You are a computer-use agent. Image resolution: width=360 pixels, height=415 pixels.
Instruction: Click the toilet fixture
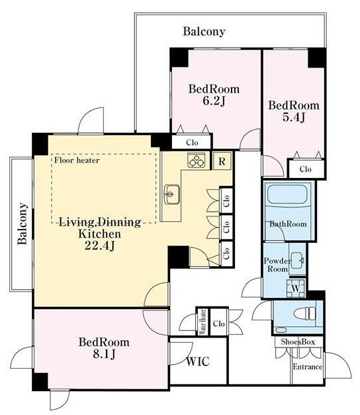click(305, 314)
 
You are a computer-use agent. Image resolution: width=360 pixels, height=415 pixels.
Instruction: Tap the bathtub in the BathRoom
click(287, 195)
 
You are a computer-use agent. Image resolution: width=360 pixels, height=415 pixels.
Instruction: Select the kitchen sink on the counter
click(172, 195)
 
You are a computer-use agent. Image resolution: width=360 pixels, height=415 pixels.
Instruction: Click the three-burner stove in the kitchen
click(196, 160)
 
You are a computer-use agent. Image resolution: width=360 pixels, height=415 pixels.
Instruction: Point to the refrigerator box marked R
click(222, 161)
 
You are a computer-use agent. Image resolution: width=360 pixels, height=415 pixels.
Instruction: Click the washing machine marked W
click(296, 288)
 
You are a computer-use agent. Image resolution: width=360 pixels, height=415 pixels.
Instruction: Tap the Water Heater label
click(203, 322)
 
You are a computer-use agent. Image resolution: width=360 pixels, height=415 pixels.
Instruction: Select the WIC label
click(198, 361)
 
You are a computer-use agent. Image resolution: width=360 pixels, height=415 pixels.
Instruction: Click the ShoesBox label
click(298, 342)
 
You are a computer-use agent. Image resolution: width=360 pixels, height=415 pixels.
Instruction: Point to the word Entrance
click(308, 367)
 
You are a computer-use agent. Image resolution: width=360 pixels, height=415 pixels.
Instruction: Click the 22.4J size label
click(100, 246)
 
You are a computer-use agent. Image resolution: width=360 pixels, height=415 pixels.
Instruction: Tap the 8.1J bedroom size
click(104, 354)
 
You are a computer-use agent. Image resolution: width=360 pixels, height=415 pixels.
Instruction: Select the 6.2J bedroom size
click(214, 101)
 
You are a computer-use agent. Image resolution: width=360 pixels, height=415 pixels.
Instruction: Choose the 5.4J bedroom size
click(294, 117)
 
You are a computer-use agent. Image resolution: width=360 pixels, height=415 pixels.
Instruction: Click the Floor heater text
click(77, 160)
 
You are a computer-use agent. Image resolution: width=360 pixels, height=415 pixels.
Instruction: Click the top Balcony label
click(204, 32)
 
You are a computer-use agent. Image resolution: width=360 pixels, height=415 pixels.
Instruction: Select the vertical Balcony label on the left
click(22, 224)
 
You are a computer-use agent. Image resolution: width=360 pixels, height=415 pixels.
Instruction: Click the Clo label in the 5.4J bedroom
click(306, 169)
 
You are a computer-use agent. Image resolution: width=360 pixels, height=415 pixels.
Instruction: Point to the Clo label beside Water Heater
click(219, 324)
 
